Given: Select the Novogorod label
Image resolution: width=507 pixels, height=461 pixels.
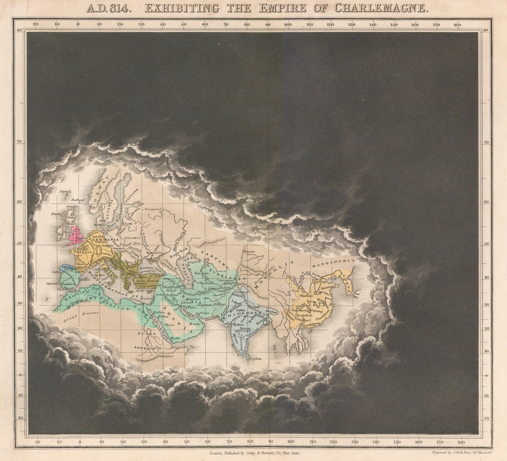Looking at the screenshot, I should [x=153, y=209].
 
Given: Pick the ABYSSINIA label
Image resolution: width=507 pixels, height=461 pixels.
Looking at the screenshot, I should [x=150, y=348].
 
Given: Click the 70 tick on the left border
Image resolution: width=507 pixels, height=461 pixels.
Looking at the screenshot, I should [x=19, y=142].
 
